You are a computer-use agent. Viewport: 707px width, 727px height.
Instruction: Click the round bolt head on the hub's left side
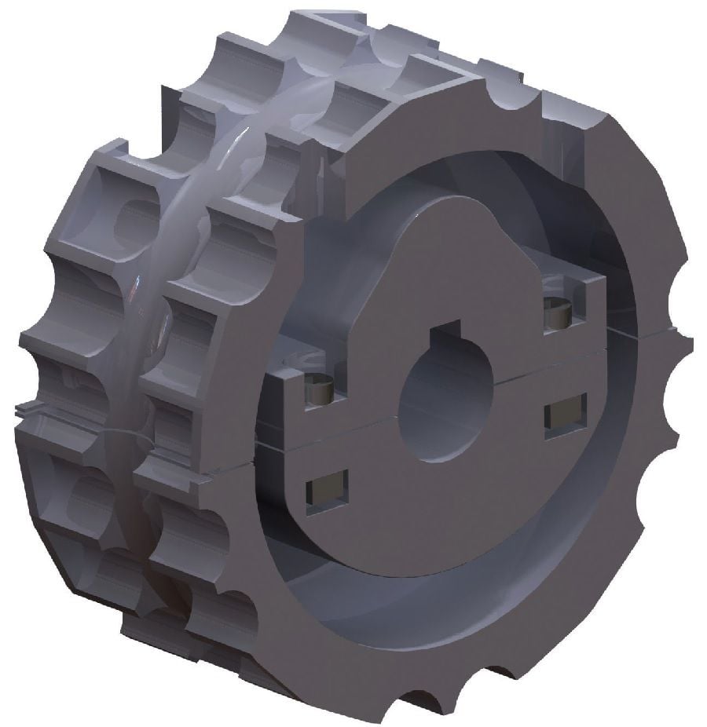[x=319, y=389]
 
